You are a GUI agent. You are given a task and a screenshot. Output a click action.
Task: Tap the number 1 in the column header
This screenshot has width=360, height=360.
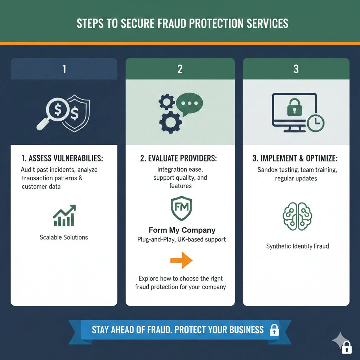(64, 69)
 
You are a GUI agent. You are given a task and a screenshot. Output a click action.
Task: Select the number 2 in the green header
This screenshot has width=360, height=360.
(180, 69)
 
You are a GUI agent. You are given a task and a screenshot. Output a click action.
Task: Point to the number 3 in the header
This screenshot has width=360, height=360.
(296, 69)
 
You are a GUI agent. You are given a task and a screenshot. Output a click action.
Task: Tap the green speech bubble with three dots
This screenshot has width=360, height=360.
(189, 104)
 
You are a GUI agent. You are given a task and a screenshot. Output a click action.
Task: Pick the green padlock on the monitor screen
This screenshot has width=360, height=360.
(295, 107)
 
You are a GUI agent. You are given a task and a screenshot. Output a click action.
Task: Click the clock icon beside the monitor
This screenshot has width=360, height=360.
(316, 123)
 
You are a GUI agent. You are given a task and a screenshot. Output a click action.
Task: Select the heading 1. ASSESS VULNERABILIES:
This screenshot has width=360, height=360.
(62, 158)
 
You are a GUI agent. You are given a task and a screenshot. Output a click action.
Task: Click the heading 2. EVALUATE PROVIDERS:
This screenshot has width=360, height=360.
(179, 158)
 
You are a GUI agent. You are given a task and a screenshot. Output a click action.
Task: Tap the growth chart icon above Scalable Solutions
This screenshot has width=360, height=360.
(64, 216)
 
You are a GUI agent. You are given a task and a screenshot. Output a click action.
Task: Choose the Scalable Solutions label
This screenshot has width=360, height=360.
(64, 237)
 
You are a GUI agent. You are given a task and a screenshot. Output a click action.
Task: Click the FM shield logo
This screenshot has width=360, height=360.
(181, 208)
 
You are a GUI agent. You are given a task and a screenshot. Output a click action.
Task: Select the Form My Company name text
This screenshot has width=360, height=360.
(182, 230)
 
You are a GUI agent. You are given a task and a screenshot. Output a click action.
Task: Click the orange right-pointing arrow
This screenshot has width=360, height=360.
(181, 260)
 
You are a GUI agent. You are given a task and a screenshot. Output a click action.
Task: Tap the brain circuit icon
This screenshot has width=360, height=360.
(297, 216)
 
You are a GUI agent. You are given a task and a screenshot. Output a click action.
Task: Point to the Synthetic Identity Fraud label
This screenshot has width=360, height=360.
(297, 246)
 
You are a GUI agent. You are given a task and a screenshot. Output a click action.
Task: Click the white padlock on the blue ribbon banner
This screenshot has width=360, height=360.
(274, 330)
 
